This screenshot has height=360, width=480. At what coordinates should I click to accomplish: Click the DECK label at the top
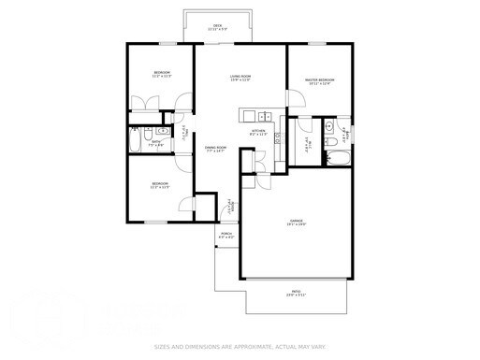(217, 27)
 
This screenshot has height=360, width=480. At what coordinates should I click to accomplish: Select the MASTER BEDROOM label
(320, 81)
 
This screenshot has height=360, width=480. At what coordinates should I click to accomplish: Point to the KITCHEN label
(259, 133)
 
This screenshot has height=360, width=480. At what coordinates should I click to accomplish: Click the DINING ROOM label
(216, 149)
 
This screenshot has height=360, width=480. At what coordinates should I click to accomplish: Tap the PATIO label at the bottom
(295, 295)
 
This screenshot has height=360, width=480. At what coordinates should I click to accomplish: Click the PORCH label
(225, 236)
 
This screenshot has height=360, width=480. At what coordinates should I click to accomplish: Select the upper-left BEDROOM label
(162, 75)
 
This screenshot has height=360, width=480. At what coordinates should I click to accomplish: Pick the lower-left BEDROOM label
(160, 186)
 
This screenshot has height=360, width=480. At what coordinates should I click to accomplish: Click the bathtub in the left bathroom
(138, 143)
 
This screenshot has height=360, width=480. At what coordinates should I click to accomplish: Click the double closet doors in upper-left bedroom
(149, 103)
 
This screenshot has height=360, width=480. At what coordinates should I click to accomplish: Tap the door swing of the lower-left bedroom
(185, 208)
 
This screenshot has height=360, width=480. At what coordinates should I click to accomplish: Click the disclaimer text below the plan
(240, 346)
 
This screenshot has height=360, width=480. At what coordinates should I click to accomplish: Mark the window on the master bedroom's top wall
(318, 43)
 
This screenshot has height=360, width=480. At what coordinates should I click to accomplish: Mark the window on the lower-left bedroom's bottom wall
(152, 222)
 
